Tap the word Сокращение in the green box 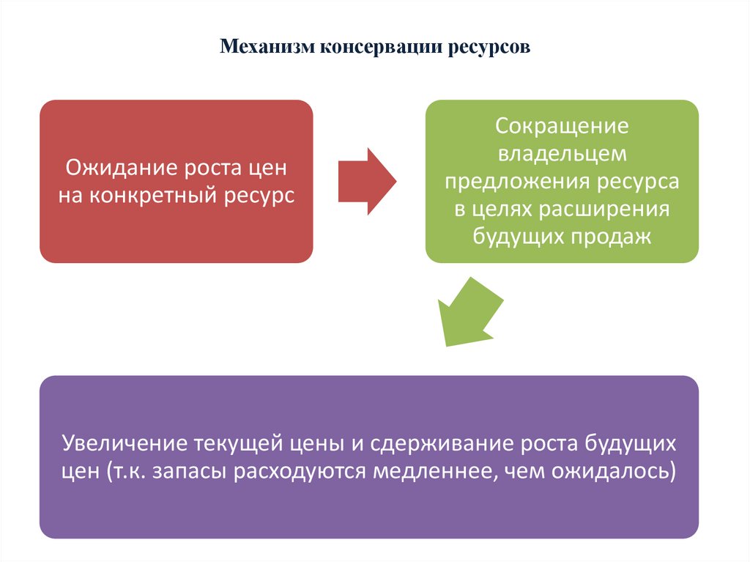click(562, 125)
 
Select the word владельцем click(562, 153)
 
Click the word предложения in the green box click(510, 182)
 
